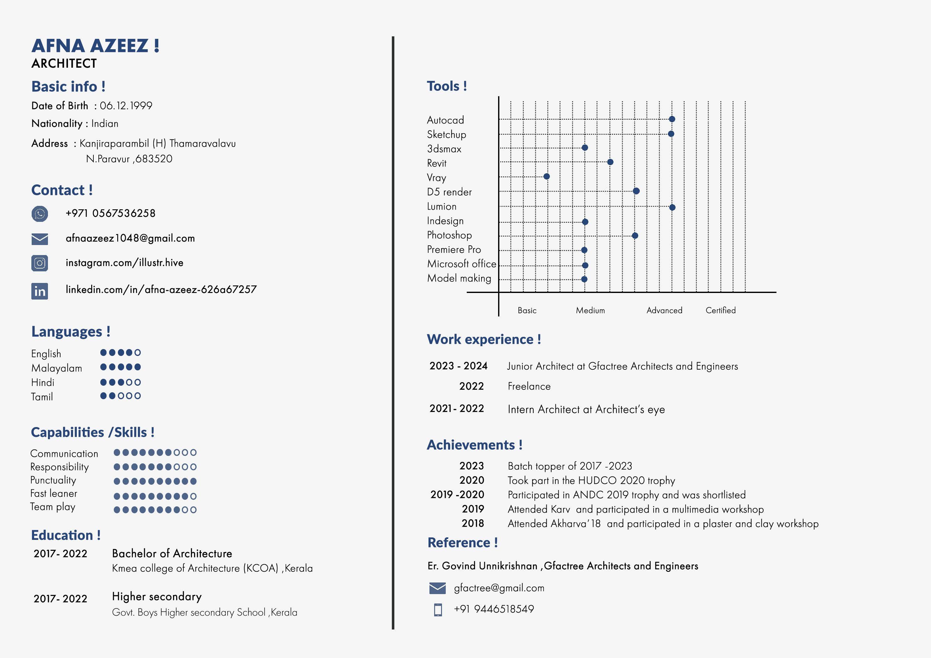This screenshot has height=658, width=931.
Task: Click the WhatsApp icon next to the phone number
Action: [40, 214]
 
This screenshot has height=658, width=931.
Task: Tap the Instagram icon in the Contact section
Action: [40, 263]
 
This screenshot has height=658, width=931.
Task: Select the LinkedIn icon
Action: [40, 291]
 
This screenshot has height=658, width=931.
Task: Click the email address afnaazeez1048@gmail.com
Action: [130, 238]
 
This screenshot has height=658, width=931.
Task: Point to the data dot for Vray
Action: [547, 176]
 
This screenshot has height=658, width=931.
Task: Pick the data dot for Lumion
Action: [672, 207]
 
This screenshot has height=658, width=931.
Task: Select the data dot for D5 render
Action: [636, 191]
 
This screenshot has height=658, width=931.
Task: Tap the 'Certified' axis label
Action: [721, 311]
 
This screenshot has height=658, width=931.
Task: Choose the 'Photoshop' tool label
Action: [449, 235]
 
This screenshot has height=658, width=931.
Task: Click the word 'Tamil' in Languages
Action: [42, 397]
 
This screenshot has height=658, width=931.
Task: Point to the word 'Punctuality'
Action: [53, 480]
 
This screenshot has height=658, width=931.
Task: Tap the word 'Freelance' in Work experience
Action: [529, 386]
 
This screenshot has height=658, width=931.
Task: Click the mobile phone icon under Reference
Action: [438, 610]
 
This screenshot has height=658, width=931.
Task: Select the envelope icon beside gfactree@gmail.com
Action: [438, 588]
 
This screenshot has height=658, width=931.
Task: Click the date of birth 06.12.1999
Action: [126, 106]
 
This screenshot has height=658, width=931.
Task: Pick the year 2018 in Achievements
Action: [473, 523]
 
